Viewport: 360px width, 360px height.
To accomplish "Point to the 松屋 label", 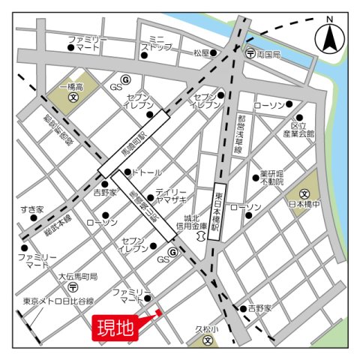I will [201, 53].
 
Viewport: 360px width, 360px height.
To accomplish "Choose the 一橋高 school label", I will [73, 88].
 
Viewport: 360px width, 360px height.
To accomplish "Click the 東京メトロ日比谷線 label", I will [57, 301].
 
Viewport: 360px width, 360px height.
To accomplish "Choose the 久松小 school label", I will [208, 329].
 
